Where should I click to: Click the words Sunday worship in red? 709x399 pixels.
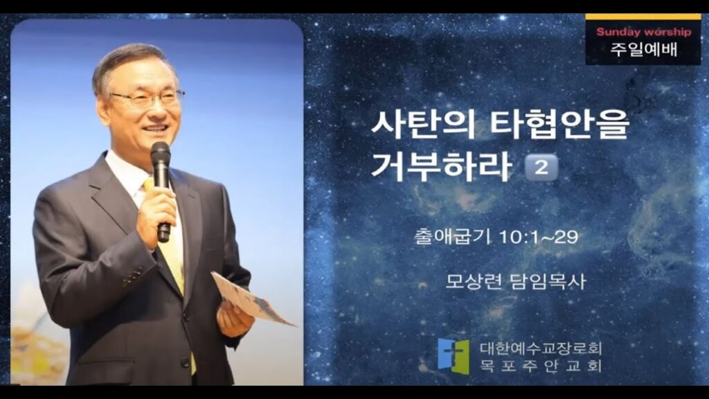(x=643, y=32)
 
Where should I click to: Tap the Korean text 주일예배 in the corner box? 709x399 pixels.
(x=644, y=49)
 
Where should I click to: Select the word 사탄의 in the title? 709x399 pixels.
(x=423, y=125)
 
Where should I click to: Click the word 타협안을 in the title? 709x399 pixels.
(x=559, y=125)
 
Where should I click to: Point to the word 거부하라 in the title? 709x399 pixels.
(x=441, y=166)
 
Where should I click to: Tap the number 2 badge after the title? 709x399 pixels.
(x=541, y=168)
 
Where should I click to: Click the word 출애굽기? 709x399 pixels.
(x=453, y=236)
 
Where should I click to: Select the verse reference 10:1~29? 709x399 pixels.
(x=538, y=237)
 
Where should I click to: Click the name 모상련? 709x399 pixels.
(x=474, y=281)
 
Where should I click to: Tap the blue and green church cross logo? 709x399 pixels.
(x=454, y=356)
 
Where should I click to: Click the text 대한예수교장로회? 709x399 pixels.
(x=541, y=348)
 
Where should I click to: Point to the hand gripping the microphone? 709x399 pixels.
(x=156, y=213)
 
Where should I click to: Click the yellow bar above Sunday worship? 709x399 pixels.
(x=643, y=17)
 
